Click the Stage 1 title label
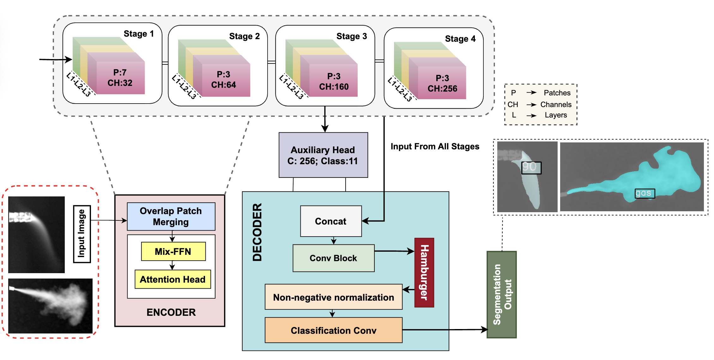click(139, 34)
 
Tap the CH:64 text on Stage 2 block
click(223, 85)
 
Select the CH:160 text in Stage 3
click(334, 87)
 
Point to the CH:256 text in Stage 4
click(442, 89)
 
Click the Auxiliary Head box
click(323, 155)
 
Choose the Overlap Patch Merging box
click(171, 217)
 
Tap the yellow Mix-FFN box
click(173, 252)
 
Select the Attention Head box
click(172, 279)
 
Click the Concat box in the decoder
click(331, 221)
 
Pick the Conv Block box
click(333, 258)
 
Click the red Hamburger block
click(424, 273)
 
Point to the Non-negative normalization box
click(333, 297)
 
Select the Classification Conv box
click(333, 331)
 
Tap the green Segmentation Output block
click(502, 295)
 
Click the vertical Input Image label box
click(82, 234)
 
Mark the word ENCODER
click(171, 312)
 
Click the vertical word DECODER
click(257, 232)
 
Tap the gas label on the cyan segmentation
click(644, 193)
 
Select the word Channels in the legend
click(556, 105)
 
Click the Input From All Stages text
click(435, 147)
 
